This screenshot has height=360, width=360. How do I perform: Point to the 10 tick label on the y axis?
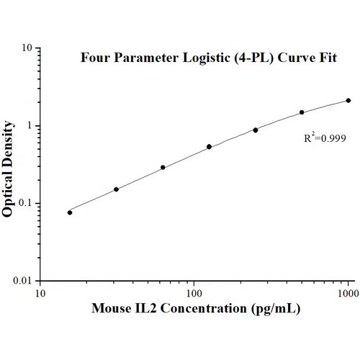[x=25, y=48]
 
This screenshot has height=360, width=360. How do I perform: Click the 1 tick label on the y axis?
[x=29, y=126]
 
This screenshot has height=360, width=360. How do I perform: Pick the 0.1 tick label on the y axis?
[x=24, y=203]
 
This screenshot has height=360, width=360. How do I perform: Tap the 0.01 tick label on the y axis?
[x=22, y=281]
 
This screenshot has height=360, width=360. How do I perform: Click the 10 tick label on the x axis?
[x=40, y=293]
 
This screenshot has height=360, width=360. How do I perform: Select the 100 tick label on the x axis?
[x=194, y=293]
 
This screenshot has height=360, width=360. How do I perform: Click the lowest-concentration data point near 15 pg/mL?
[x=70, y=212]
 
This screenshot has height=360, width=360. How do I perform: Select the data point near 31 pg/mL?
[x=116, y=189]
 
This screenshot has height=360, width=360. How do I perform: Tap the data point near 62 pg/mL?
[x=163, y=167]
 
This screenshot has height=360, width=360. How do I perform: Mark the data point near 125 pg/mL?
[x=209, y=147]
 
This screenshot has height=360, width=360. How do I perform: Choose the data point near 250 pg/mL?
[x=256, y=130]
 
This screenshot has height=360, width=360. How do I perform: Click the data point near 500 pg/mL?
[x=302, y=112]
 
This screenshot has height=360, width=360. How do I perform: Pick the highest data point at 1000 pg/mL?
[x=348, y=100]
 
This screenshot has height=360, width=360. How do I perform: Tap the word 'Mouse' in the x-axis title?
[x=111, y=310]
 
